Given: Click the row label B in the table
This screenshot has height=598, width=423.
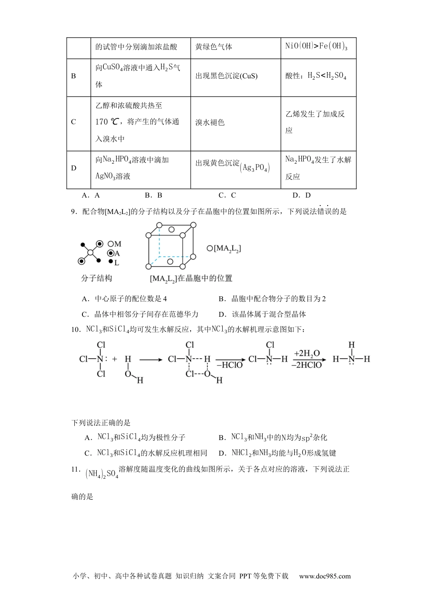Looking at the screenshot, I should pyautogui.click(x=74, y=76).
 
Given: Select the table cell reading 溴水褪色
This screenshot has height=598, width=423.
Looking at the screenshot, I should pyautogui.click(x=210, y=122).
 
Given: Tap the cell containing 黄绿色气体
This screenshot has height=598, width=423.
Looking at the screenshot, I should pyautogui.click(x=214, y=47).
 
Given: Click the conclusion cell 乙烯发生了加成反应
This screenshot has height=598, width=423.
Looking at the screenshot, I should pyautogui.click(x=315, y=122).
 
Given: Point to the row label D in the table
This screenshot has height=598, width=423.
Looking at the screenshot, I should pyautogui.click(x=74, y=168).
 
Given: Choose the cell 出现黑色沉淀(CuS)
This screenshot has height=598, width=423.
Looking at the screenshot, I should pyautogui.click(x=226, y=76).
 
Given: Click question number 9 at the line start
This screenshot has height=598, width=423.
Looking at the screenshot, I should pyautogui.click(x=74, y=212).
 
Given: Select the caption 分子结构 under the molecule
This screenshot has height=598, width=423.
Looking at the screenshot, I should pyautogui.click(x=97, y=278).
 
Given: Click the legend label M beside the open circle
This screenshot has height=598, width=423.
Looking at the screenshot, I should pyautogui.click(x=118, y=244).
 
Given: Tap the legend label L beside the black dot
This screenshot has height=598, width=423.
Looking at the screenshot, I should pyautogui.click(x=117, y=263).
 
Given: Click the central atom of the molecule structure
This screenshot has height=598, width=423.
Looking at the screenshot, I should pyautogui.click(x=90, y=253).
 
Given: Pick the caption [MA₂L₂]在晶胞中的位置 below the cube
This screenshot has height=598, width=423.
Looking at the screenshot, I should pyautogui.click(x=191, y=279).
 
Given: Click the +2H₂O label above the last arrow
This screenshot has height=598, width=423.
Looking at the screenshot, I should pyautogui.click(x=307, y=354).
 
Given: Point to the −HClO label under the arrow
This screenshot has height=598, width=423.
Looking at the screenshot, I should pyautogui.click(x=230, y=365).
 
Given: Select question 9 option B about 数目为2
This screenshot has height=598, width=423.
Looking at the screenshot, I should pyautogui.click(x=272, y=299).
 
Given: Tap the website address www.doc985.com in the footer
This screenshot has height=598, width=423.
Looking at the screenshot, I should pyautogui.click(x=325, y=576).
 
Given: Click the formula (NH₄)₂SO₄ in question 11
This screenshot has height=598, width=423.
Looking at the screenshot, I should pyautogui.click(x=102, y=474).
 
